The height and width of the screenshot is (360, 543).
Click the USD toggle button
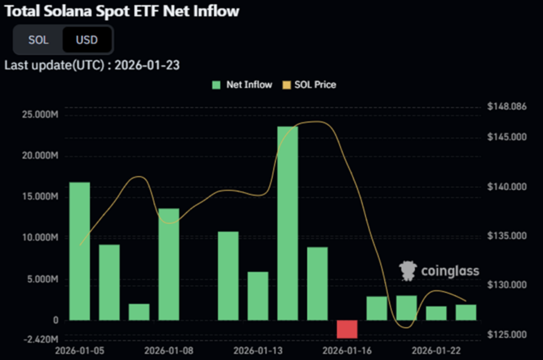click(86, 40)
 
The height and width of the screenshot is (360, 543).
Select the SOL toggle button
click(38, 40)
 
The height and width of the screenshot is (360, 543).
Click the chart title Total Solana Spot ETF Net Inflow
click(121, 10)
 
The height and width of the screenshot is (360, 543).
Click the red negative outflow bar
click(347, 329)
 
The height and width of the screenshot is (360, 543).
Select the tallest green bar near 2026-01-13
click(287, 223)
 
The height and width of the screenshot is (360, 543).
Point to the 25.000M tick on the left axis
click(40, 115)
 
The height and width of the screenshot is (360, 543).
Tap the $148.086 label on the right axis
click(506, 107)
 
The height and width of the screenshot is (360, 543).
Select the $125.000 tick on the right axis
click(506, 335)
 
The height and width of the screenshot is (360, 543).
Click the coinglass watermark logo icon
click(408, 271)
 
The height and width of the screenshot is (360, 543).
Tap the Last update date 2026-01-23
click(147, 66)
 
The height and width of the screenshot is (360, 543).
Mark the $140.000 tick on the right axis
click(506, 187)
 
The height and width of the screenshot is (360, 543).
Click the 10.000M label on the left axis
click(40, 238)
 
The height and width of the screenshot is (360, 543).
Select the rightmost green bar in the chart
click(466, 312)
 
